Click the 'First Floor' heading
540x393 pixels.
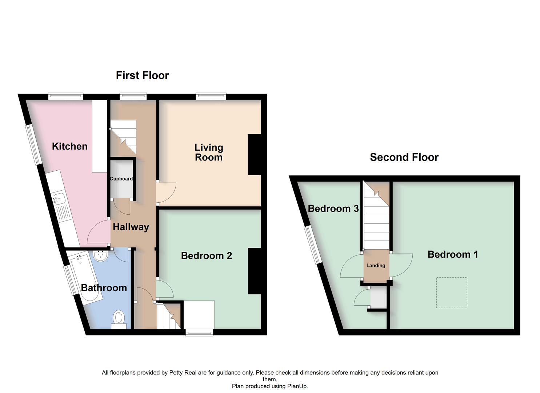tap(142, 75)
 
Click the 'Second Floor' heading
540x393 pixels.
tap(404, 157)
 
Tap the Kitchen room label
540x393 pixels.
tap(69, 146)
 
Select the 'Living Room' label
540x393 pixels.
tap(208, 152)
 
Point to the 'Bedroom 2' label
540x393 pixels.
tap(206, 256)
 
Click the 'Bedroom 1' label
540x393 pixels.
tap(452, 254)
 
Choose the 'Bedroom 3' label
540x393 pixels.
tap(333, 209)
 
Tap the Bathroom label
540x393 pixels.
tap(104, 288)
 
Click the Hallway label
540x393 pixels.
tap(131, 227)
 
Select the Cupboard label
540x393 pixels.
tap(121, 179)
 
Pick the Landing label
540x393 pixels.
tap(376, 266)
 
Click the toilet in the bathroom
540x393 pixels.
tap(119, 318)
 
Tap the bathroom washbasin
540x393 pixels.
tap(100, 256)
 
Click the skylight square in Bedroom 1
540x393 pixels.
tap(451, 293)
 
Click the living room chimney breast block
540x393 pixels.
tap(255, 155)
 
